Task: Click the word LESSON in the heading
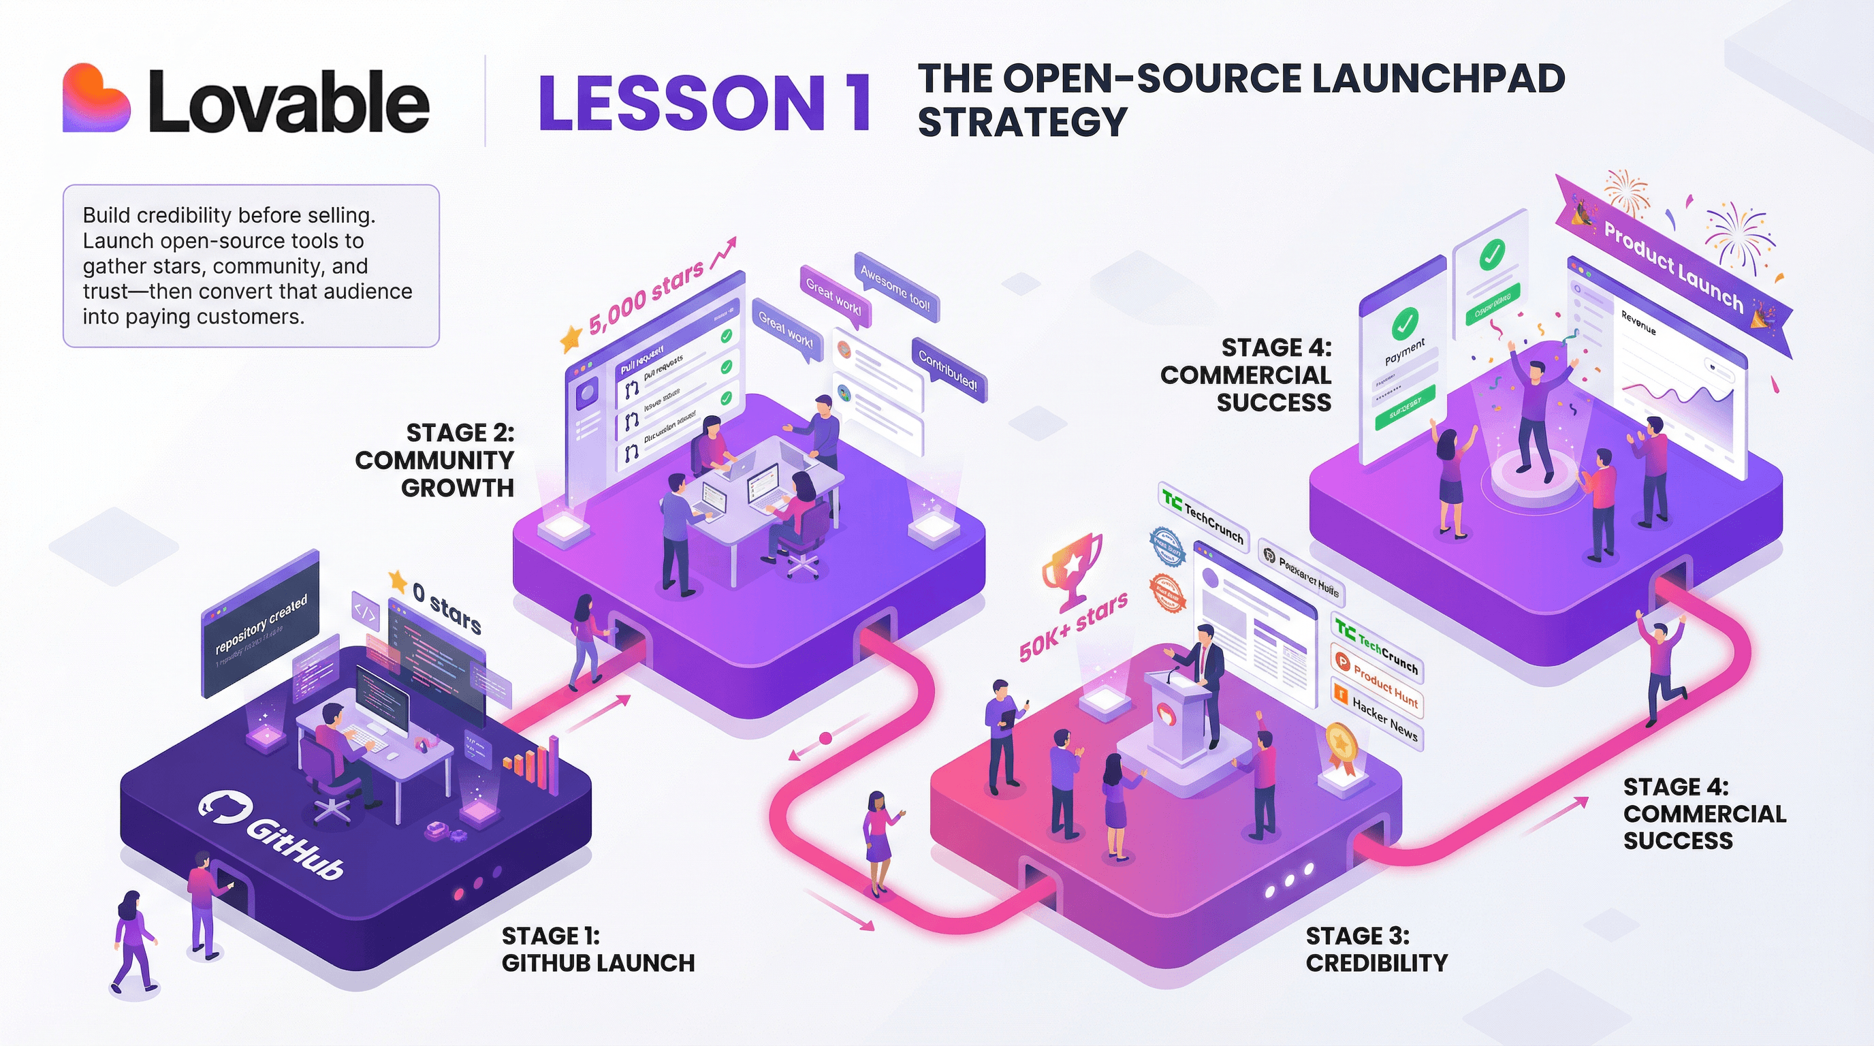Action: pos(681,104)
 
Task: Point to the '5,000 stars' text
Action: pos(646,298)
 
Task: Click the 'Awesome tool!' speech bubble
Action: pos(895,287)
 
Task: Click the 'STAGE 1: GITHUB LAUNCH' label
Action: pos(597,949)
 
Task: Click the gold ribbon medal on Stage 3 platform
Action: pos(1339,746)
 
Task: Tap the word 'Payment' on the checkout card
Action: pos(1404,352)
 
